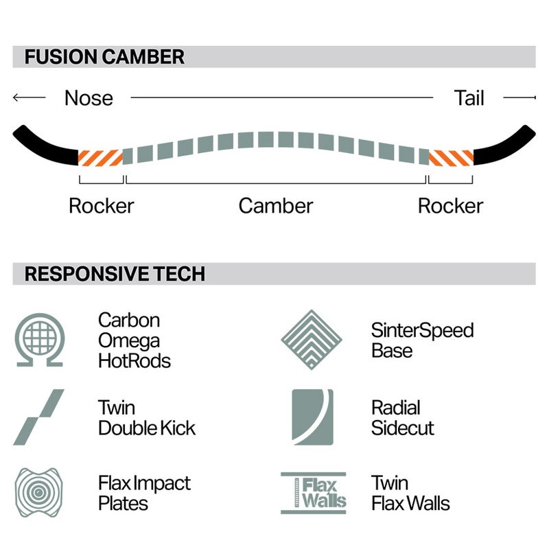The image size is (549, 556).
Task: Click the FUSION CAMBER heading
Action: tap(104, 57)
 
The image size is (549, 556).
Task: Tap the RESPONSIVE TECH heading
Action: tap(115, 274)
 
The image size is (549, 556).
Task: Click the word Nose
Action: tap(89, 98)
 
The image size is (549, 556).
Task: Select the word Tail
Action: tap(469, 98)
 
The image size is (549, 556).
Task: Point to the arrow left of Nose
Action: tap(29, 97)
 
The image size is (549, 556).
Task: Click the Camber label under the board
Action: tap(276, 206)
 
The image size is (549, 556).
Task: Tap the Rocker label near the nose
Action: tap(102, 206)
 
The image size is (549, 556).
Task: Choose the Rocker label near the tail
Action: tap(450, 206)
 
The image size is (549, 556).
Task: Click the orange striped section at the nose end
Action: tap(101, 158)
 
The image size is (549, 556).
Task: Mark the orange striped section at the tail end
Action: tap(451, 158)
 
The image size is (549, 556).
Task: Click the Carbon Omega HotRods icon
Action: tap(39, 340)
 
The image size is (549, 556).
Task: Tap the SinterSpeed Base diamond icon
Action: tap(312, 340)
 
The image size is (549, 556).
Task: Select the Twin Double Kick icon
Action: tap(38, 417)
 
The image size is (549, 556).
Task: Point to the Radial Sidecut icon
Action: tap(312, 417)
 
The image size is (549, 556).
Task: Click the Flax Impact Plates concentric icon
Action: tap(38, 493)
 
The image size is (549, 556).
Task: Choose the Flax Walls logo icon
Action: tap(314, 493)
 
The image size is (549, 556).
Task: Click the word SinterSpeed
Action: tap(422, 330)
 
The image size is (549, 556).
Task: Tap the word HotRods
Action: tap(135, 361)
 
